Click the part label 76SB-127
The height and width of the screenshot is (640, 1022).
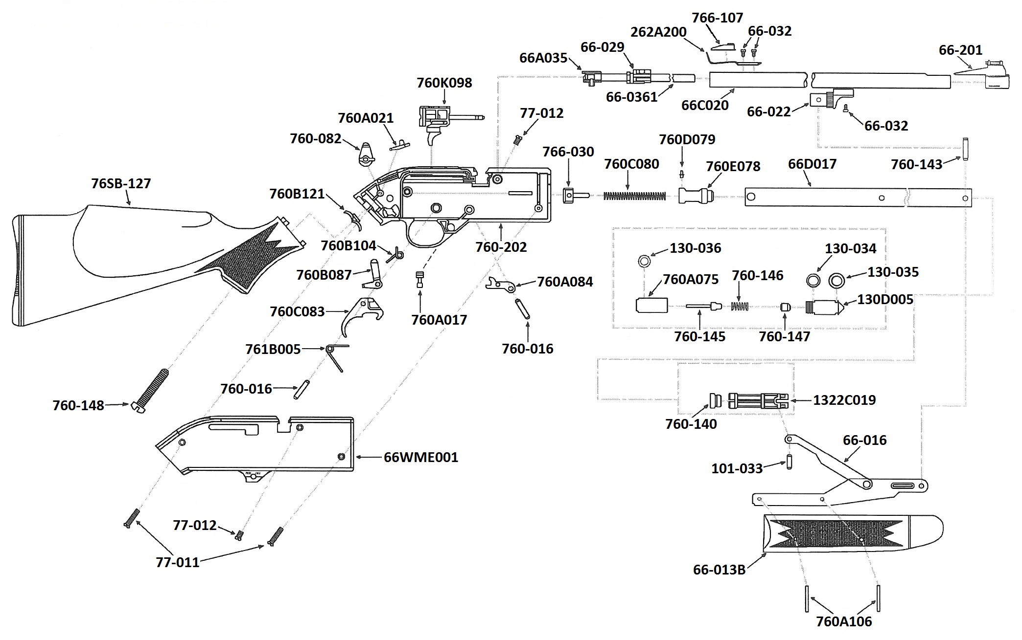pos(121,184)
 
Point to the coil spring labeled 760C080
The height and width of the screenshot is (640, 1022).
pos(634,196)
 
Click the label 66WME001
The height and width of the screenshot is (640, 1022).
pos(421,458)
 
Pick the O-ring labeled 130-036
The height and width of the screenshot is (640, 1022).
pos(645,261)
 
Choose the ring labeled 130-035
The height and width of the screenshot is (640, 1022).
pos(836,281)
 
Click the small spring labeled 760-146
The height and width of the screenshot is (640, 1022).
pos(740,306)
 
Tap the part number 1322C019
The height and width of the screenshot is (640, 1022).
pos(844,400)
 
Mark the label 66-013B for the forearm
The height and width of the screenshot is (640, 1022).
pos(719,570)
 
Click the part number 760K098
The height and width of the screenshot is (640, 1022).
pos(444,83)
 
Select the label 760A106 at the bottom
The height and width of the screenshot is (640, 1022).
pos(844,622)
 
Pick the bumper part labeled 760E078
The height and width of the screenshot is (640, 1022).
pos(696,196)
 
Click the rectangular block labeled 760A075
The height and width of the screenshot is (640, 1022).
pos(651,306)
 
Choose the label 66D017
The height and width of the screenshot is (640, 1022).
pos(812,164)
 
